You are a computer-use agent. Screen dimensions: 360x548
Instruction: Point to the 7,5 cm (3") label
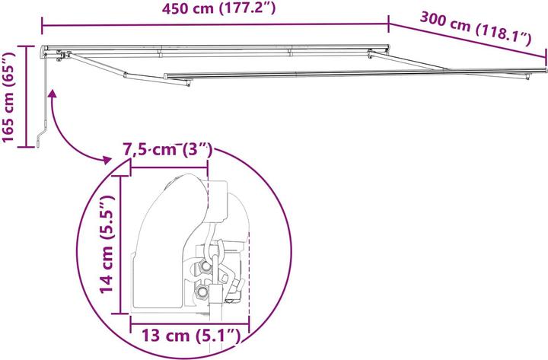point(167,150)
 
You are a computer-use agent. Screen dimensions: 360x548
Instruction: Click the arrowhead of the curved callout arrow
point(107,159)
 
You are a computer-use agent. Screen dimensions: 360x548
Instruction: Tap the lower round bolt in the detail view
point(203,291)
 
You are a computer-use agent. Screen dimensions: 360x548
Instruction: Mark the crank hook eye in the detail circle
point(215,248)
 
